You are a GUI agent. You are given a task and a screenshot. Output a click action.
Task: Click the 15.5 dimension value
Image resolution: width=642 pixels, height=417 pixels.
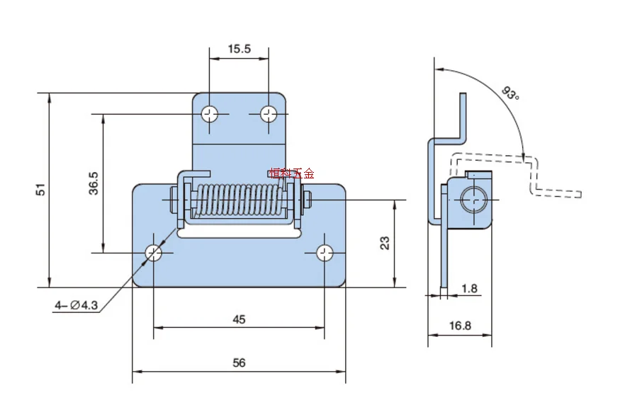click(239, 49)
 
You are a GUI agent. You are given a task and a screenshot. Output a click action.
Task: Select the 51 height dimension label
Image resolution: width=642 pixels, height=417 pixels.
click(40, 190)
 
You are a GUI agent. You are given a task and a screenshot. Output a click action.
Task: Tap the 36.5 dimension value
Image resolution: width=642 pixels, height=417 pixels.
click(94, 183)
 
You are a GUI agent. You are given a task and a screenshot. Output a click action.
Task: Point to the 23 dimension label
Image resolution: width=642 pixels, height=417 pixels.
click(385, 243)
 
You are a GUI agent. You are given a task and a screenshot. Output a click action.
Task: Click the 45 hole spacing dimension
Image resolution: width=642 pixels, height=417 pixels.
click(239, 319)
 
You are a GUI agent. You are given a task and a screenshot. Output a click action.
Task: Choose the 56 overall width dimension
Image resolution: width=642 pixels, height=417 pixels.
click(239, 362)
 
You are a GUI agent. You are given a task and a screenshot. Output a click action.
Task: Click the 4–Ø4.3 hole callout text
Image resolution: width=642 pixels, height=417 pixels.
click(77, 306)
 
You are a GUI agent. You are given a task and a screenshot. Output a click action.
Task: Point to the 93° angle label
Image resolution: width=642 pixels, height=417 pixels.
click(510, 93)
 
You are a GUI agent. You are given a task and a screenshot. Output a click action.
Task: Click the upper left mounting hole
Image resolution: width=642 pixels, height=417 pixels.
click(210, 113)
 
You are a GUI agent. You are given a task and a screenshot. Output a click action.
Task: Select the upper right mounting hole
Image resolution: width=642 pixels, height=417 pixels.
click(269, 113)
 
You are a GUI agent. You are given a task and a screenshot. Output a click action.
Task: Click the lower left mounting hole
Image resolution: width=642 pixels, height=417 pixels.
click(154, 253)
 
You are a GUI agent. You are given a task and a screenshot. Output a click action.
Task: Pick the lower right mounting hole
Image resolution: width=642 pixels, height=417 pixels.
click(325, 253)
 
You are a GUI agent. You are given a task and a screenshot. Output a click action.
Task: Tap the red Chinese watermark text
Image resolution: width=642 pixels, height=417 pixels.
click(291, 173)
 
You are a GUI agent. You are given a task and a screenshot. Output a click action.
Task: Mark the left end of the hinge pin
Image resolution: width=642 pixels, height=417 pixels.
click(173, 200)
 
